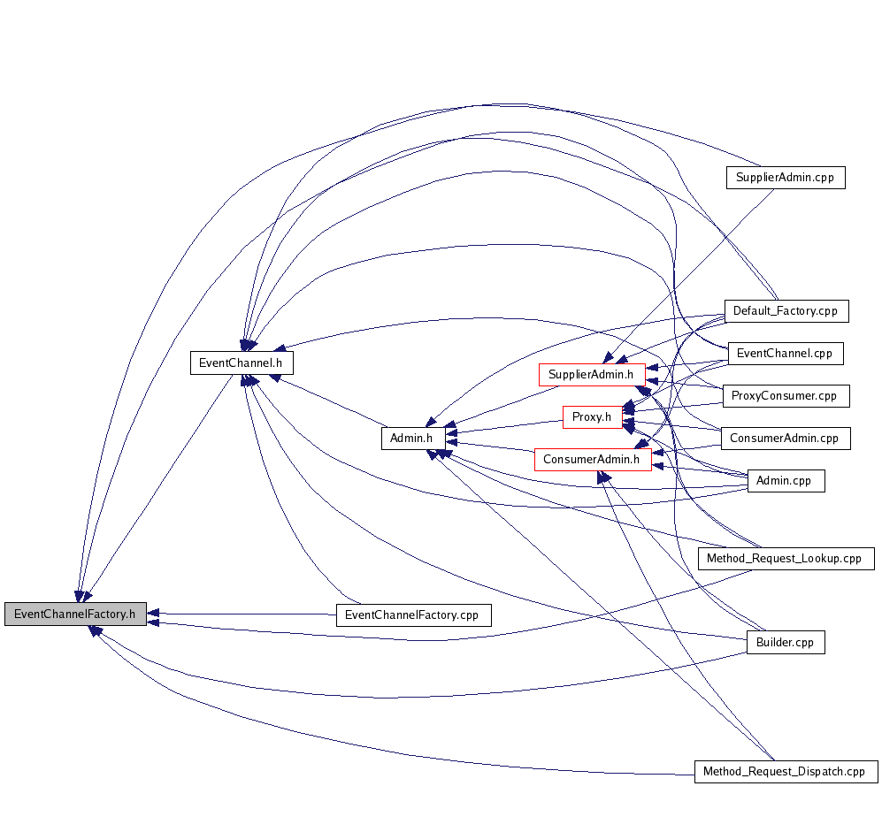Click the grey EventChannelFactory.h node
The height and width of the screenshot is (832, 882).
click(75, 614)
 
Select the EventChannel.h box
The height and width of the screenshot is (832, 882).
click(242, 363)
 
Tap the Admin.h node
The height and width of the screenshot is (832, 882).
click(413, 439)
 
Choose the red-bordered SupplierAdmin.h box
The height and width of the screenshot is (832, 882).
click(591, 375)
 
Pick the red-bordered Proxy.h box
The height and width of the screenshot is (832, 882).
click(593, 417)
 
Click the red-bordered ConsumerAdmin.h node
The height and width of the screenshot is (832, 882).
click(593, 460)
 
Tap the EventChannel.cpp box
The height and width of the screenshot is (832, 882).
click(785, 354)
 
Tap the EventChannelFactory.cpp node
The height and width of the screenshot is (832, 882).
click(413, 615)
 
